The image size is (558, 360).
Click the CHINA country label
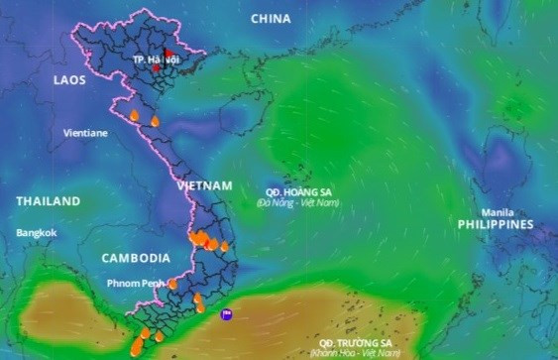tap(271, 19)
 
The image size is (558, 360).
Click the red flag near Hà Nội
tap(169, 55)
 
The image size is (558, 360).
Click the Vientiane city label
tap(85, 132)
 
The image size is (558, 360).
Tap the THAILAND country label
tap(48, 201)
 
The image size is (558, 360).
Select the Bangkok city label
tap(37, 233)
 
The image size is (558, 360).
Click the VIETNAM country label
tap(204, 186)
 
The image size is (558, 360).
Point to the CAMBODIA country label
tap(135, 258)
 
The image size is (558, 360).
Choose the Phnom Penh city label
tap(135, 284)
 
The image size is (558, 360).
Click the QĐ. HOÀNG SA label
tap(296, 190)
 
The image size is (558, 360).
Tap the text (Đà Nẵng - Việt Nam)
tap(297, 202)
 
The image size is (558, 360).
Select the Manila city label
tap(497, 213)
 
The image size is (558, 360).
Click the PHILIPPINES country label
tap(495, 225)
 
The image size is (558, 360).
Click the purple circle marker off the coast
tap(227, 315)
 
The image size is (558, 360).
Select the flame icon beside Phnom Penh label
tap(172, 284)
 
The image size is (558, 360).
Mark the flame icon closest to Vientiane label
tap(134, 116)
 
